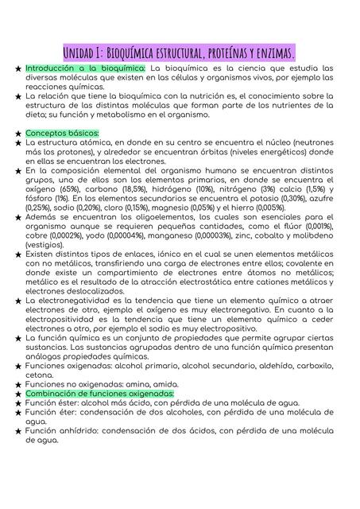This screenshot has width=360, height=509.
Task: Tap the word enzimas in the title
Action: pos(271,52)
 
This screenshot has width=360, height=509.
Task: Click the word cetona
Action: pos(40,375)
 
